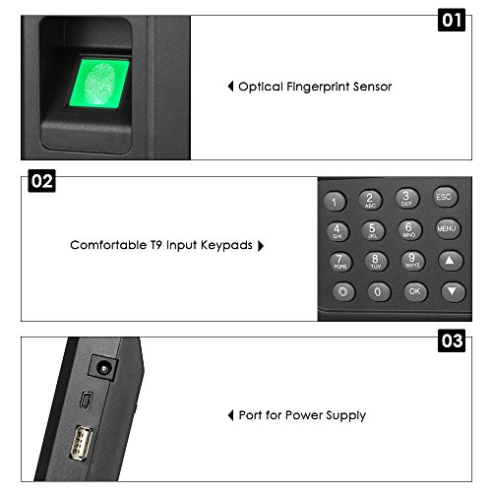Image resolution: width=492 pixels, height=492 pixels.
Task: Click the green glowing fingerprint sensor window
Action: click(x=100, y=82)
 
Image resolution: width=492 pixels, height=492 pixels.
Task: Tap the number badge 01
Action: click(x=451, y=20)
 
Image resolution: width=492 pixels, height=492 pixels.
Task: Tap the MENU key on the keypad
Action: click(x=448, y=229)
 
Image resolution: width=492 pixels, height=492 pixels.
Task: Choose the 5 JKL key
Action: click(x=372, y=230)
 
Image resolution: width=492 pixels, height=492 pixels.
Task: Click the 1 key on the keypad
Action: click(x=336, y=203)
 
